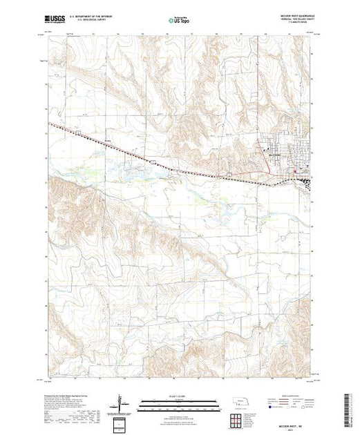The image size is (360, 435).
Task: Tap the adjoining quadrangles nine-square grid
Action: click(x=239, y=416)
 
